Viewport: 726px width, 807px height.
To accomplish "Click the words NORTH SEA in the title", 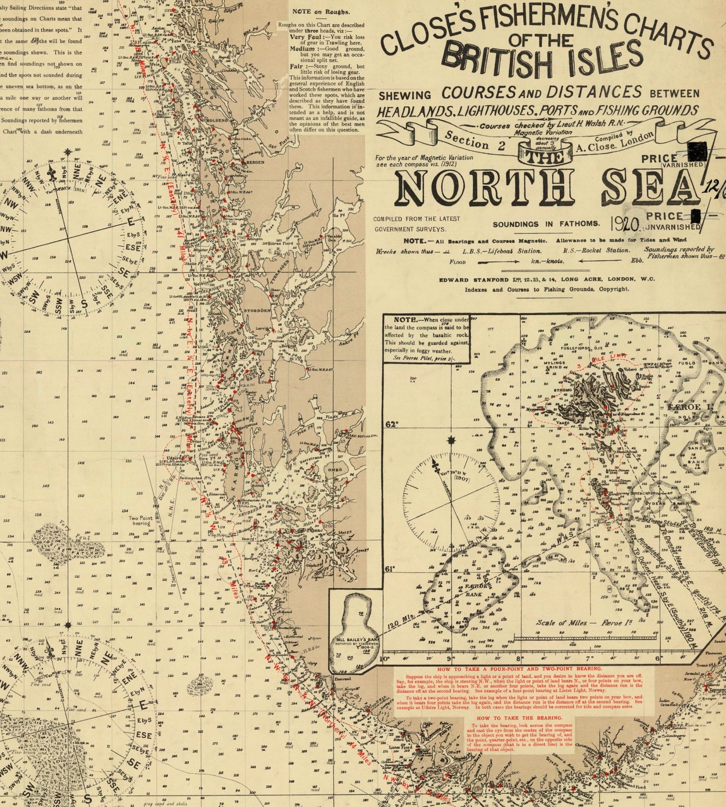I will coord(548,189).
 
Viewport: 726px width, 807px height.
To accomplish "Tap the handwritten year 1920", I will coord(625,223).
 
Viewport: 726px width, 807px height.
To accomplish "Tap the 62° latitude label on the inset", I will coord(391,424).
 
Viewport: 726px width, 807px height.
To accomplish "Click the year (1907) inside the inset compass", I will coord(445,478).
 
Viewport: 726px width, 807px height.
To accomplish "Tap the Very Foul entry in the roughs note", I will coord(304,37).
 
